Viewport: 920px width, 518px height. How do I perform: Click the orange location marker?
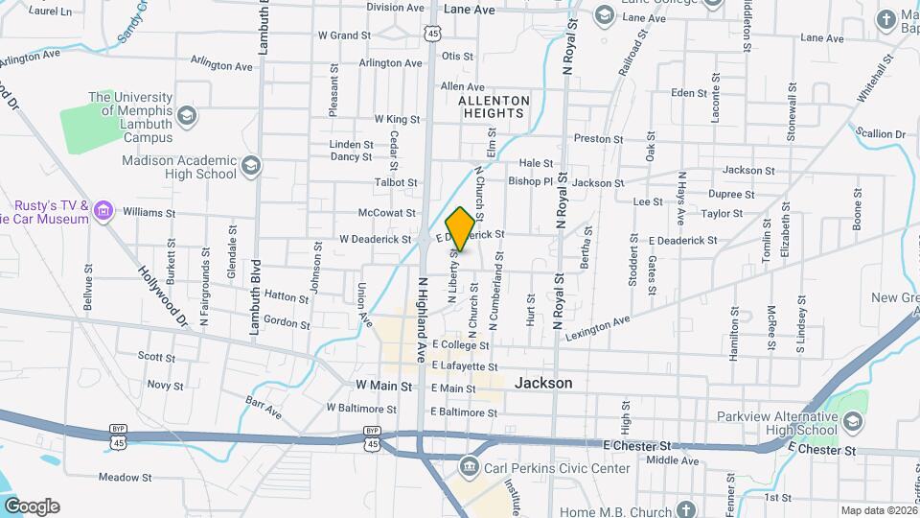click(x=461, y=228)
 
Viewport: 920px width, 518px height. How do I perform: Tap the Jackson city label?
click(x=543, y=383)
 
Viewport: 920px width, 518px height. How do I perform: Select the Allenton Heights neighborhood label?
click(x=494, y=106)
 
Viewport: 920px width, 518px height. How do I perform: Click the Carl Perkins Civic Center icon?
click(x=469, y=468)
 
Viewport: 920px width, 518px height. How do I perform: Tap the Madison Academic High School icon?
click(x=251, y=166)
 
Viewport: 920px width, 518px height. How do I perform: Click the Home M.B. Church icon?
click(x=685, y=510)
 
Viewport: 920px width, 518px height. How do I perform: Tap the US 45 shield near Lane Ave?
click(x=434, y=34)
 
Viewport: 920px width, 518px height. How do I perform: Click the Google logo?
click(x=32, y=506)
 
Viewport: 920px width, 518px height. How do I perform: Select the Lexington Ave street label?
click(x=598, y=328)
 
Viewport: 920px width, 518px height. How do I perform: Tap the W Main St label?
click(x=382, y=386)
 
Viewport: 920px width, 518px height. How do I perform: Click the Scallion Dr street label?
click(x=881, y=133)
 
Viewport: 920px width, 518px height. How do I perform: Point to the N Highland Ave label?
click(x=422, y=319)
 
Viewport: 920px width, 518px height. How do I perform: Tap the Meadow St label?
click(x=126, y=477)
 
